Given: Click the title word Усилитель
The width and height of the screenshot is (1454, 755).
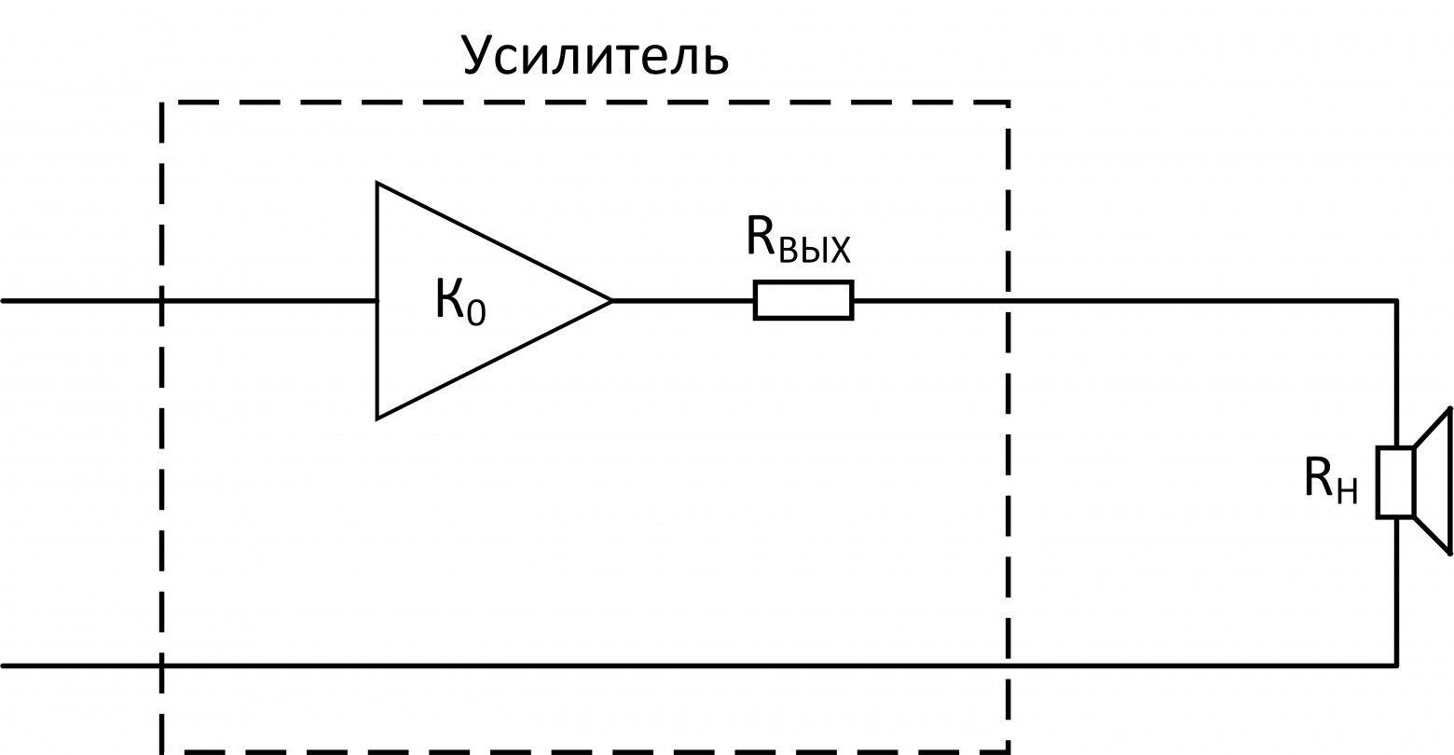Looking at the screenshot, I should point(594,56).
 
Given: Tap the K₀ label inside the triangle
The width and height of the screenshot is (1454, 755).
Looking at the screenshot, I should point(460,300).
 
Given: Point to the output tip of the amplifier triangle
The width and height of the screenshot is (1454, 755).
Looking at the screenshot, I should point(611,300).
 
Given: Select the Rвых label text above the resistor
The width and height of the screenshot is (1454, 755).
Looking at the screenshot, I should point(799,239).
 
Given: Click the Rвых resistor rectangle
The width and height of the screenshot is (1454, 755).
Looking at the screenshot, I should point(802,300).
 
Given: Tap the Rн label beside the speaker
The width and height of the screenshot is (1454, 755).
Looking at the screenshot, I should point(1330,480).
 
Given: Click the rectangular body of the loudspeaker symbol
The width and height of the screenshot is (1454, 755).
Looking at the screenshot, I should point(1395,482).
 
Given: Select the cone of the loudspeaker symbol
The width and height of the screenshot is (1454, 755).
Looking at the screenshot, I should point(1433,481).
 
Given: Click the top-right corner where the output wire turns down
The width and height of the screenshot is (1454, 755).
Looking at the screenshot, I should point(1396,301).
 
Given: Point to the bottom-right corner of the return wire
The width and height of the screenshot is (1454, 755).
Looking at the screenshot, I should point(1396,666).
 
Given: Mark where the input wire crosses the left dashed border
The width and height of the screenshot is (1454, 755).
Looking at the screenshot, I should point(162,300).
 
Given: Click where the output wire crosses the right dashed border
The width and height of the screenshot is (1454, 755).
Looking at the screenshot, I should point(1008,300).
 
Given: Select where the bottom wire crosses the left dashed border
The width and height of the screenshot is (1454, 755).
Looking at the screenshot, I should point(162,666).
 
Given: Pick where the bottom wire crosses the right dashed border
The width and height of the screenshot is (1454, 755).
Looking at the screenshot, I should point(1008,666).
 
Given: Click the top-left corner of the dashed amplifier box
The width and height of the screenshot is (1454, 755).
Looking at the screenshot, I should point(162,103).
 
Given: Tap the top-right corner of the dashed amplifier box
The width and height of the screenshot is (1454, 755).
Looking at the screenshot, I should point(1008,103).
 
